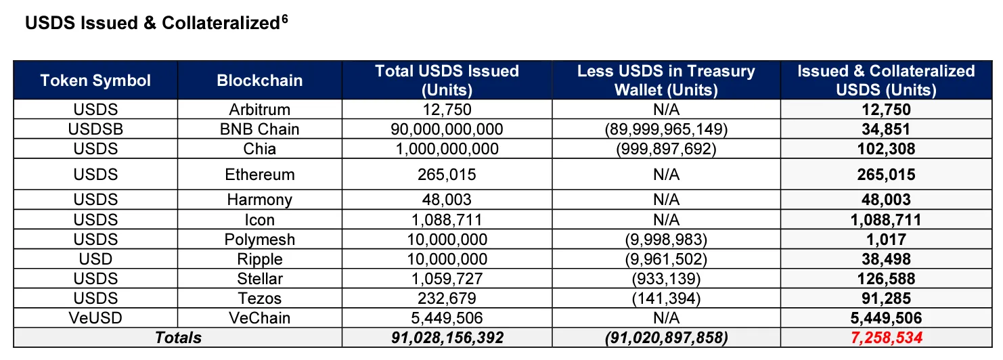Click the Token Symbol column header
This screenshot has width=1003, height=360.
coord(95,81)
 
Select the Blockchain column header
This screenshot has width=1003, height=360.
coord(260,81)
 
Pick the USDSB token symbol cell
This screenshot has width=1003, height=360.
coord(95,129)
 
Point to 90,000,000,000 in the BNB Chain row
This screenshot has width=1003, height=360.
coord(447,129)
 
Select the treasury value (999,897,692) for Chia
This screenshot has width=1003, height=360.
coord(666,149)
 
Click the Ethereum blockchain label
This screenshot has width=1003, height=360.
coord(260,175)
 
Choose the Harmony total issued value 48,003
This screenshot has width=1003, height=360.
coord(447,200)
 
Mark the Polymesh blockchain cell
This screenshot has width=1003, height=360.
coord(260,240)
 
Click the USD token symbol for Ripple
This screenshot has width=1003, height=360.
coord(95,259)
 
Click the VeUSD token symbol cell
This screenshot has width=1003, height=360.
coord(95,318)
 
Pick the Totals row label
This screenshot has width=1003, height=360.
coord(179,338)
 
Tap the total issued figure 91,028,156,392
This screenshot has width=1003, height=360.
coord(447,338)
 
